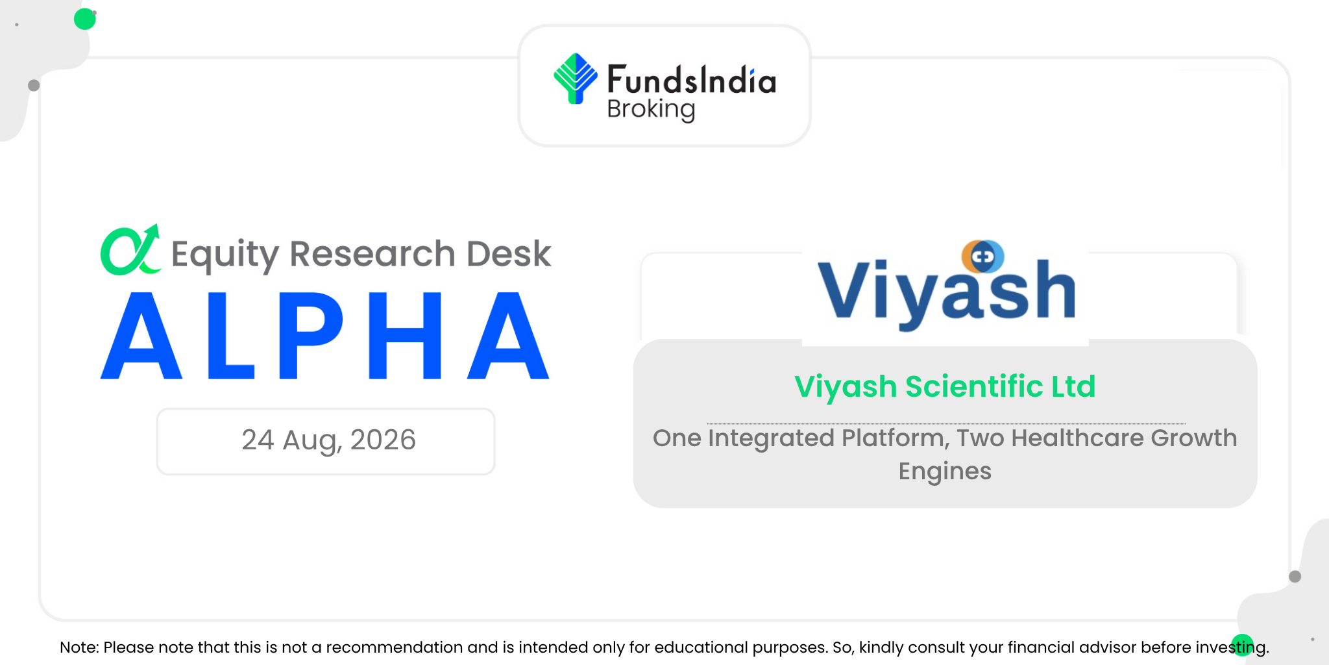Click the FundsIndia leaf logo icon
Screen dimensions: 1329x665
pyautogui.click(x=576, y=79)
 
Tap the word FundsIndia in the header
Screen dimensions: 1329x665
pyautogui.click(x=691, y=80)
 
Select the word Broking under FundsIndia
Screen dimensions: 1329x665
pyautogui.click(x=651, y=110)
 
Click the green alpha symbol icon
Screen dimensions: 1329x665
pyautogui.click(x=130, y=250)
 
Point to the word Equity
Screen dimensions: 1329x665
pyautogui.click(x=225, y=254)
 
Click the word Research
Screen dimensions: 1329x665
pyautogui.click(x=372, y=253)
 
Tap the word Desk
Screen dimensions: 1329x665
pyautogui.click(x=509, y=253)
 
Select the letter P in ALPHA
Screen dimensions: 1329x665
pyautogui.click(x=311, y=335)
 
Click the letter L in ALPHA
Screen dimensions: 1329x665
pyautogui.click(x=230, y=335)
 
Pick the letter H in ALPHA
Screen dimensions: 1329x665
pyautogui.click(x=405, y=335)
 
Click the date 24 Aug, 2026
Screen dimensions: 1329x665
pyautogui.click(x=328, y=440)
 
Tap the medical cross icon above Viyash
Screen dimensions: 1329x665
pyautogui.click(x=982, y=257)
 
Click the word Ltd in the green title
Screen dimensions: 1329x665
pyautogui.click(x=1073, y=386)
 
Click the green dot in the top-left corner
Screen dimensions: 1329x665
pyautogui.click(x=85, y=19)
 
